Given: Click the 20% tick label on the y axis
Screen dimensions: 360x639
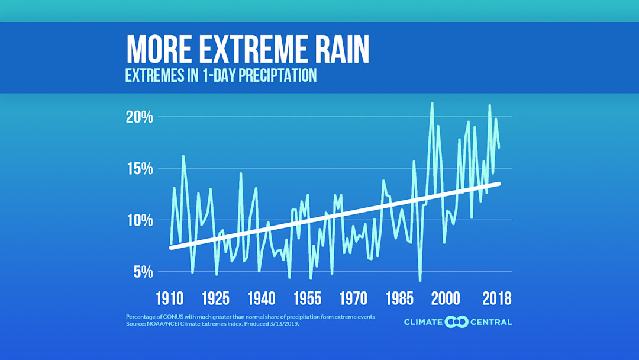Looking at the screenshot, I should (x=139, y=117).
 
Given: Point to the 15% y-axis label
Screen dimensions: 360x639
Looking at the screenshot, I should (x=139, y=169).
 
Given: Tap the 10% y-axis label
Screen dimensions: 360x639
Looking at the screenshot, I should (x=139, y=220).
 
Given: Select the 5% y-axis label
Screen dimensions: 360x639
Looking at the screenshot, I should (x=143, y=272).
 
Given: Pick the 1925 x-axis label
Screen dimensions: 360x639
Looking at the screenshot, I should (x=215, y=298).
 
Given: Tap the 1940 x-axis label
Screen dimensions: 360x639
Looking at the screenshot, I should (x=262, y=298).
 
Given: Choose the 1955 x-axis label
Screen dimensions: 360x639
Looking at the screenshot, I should (x=307, y=298).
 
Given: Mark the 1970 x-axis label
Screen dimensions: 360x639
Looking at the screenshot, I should (x=353, y=298).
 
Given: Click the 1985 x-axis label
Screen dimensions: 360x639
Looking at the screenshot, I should (x=399, y=298).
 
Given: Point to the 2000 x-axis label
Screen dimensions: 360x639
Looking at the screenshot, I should (x=446, y=298).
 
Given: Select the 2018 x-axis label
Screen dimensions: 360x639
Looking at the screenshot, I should (x=496, y=298).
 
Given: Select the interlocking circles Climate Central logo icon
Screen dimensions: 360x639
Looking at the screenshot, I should (x=456, y=322).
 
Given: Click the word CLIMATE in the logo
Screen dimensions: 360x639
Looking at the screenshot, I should (x=423, y=322).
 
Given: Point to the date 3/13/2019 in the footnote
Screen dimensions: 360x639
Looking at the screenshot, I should (x=285, y=324).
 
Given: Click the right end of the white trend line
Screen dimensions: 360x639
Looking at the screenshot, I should (x=499, y=184).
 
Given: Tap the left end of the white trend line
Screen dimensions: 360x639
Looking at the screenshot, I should (x=172, y=247).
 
